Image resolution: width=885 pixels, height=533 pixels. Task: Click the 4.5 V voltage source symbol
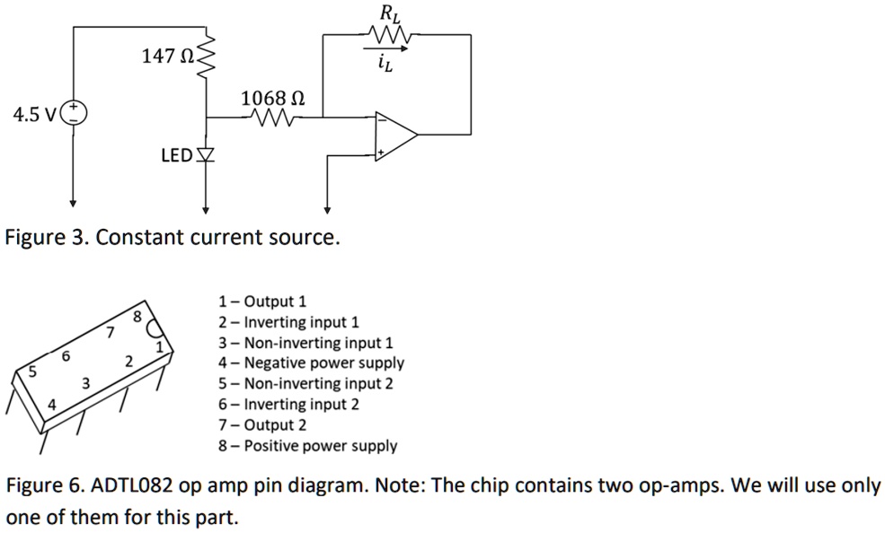(74, 115)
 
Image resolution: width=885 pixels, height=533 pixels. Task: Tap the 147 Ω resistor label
(166, 57)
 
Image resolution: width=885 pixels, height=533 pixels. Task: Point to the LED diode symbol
(207, 156)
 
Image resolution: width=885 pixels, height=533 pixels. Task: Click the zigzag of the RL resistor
(388, 36)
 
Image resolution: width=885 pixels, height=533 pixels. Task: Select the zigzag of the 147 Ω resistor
(208, 59)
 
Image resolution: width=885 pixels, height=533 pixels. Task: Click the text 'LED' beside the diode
(175, 156)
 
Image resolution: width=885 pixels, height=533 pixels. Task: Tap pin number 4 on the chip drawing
(51, 405)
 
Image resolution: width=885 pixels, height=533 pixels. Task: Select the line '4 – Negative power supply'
(311, 363)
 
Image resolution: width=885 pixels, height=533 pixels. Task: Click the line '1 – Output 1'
(262, 301)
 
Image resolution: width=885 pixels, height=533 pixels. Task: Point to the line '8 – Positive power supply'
(307, 446)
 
